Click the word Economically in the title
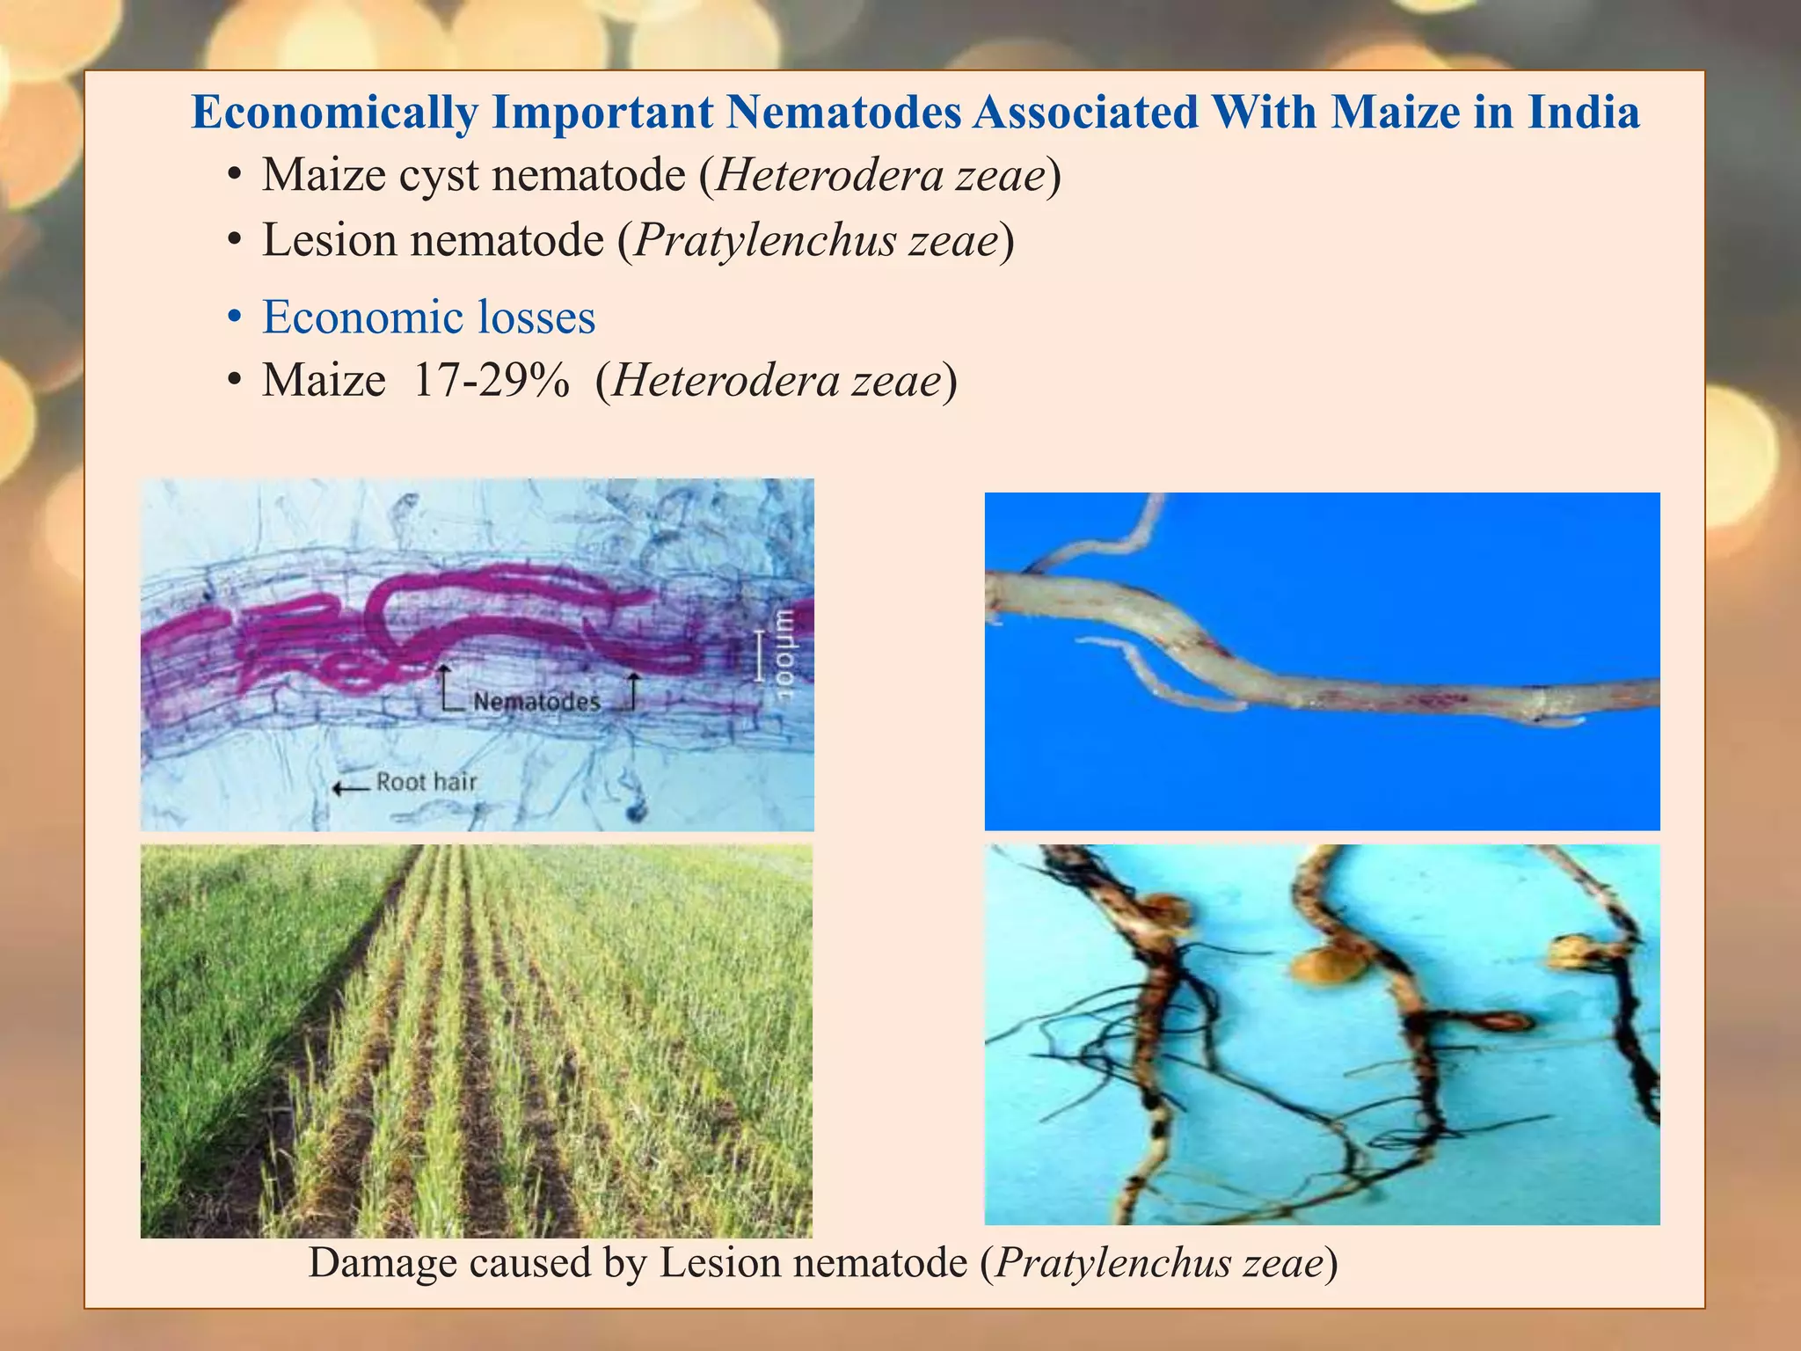(334, 113)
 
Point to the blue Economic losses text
(428, 318)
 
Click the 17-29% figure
(491, 381)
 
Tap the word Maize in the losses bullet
(324, 381)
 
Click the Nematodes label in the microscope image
(536, 702)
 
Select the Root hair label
(427, 782)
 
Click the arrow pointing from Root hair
(351, 787)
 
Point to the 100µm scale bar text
(783, 654)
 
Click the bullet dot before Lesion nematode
(233, 241)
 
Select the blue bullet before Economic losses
(233, 318)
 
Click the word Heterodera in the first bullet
(829, 175)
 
